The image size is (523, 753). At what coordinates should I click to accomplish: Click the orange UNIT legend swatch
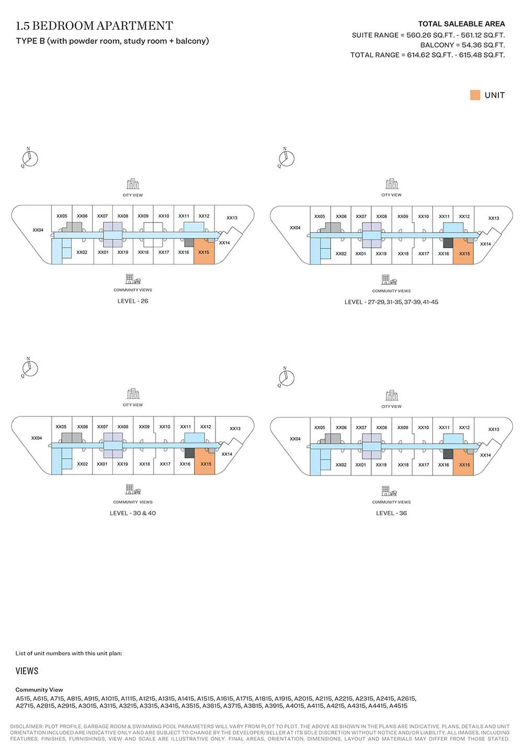[x=475, y=95]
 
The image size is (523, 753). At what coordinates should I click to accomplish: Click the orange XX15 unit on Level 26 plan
[x=204, y=251]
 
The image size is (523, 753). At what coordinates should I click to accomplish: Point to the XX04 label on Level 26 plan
[x=38, y=230]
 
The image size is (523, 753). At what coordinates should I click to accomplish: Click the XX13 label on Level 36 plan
[x=494, y=429]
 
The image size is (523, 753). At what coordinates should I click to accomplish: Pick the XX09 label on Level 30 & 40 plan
[x=144, y=426]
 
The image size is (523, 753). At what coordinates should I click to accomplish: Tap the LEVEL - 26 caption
[x=133, y=301]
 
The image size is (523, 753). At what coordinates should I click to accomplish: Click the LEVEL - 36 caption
[x=391, y=513]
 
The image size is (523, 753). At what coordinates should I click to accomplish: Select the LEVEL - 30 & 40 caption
[x=133, y=513]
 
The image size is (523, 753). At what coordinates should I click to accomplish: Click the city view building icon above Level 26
[x=133, y=184]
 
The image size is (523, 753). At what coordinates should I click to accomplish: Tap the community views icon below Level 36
[x=389, y=491]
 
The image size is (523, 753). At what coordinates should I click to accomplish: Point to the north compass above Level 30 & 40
[x=30, y=368]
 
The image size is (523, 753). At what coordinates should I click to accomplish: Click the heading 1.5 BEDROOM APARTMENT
[x=94, y=26]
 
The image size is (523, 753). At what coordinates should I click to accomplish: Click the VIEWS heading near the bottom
[x=27, y=671]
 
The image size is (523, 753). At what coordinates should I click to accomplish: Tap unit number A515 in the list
[x=24, y=699]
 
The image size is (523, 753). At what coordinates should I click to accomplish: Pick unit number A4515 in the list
[x=398, y=706]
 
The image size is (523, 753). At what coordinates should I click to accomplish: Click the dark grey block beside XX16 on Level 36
[x=448, y=454]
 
